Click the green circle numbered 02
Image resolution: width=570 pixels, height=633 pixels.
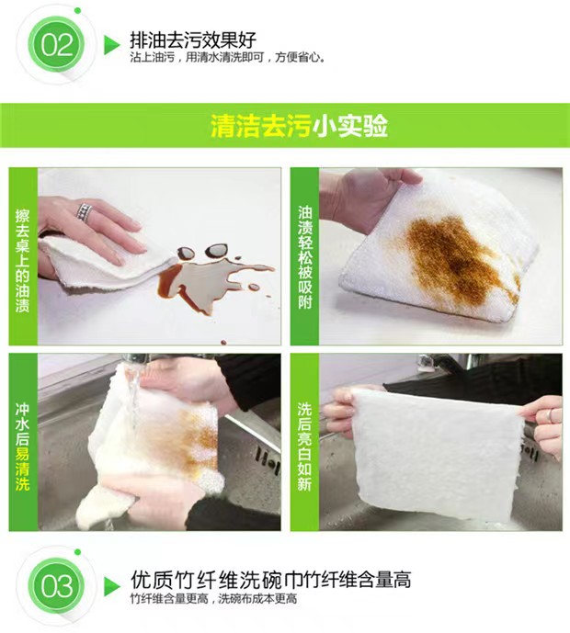(56, 44)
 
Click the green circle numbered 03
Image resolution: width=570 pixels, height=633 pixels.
(56, 586)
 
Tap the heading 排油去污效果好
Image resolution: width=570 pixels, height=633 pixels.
(193, 40)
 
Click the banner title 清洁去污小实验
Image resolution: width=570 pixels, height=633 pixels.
(299, 126)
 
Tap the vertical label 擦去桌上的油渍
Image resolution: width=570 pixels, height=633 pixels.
(22, 260)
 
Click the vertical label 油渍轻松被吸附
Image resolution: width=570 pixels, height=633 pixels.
(305, 257)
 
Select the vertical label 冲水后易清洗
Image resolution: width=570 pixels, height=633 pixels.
(22, 446)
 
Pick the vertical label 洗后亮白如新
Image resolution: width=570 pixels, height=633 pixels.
(304, 446)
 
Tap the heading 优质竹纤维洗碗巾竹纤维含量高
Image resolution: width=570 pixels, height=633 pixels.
(271, 580)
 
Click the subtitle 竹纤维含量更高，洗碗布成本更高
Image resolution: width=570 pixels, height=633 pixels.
(213, 598)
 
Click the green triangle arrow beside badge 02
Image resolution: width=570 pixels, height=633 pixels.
(112, 44)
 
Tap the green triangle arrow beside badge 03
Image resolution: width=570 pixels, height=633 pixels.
(112, 586)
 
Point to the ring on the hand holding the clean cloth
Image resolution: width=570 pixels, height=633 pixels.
(549, 415)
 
